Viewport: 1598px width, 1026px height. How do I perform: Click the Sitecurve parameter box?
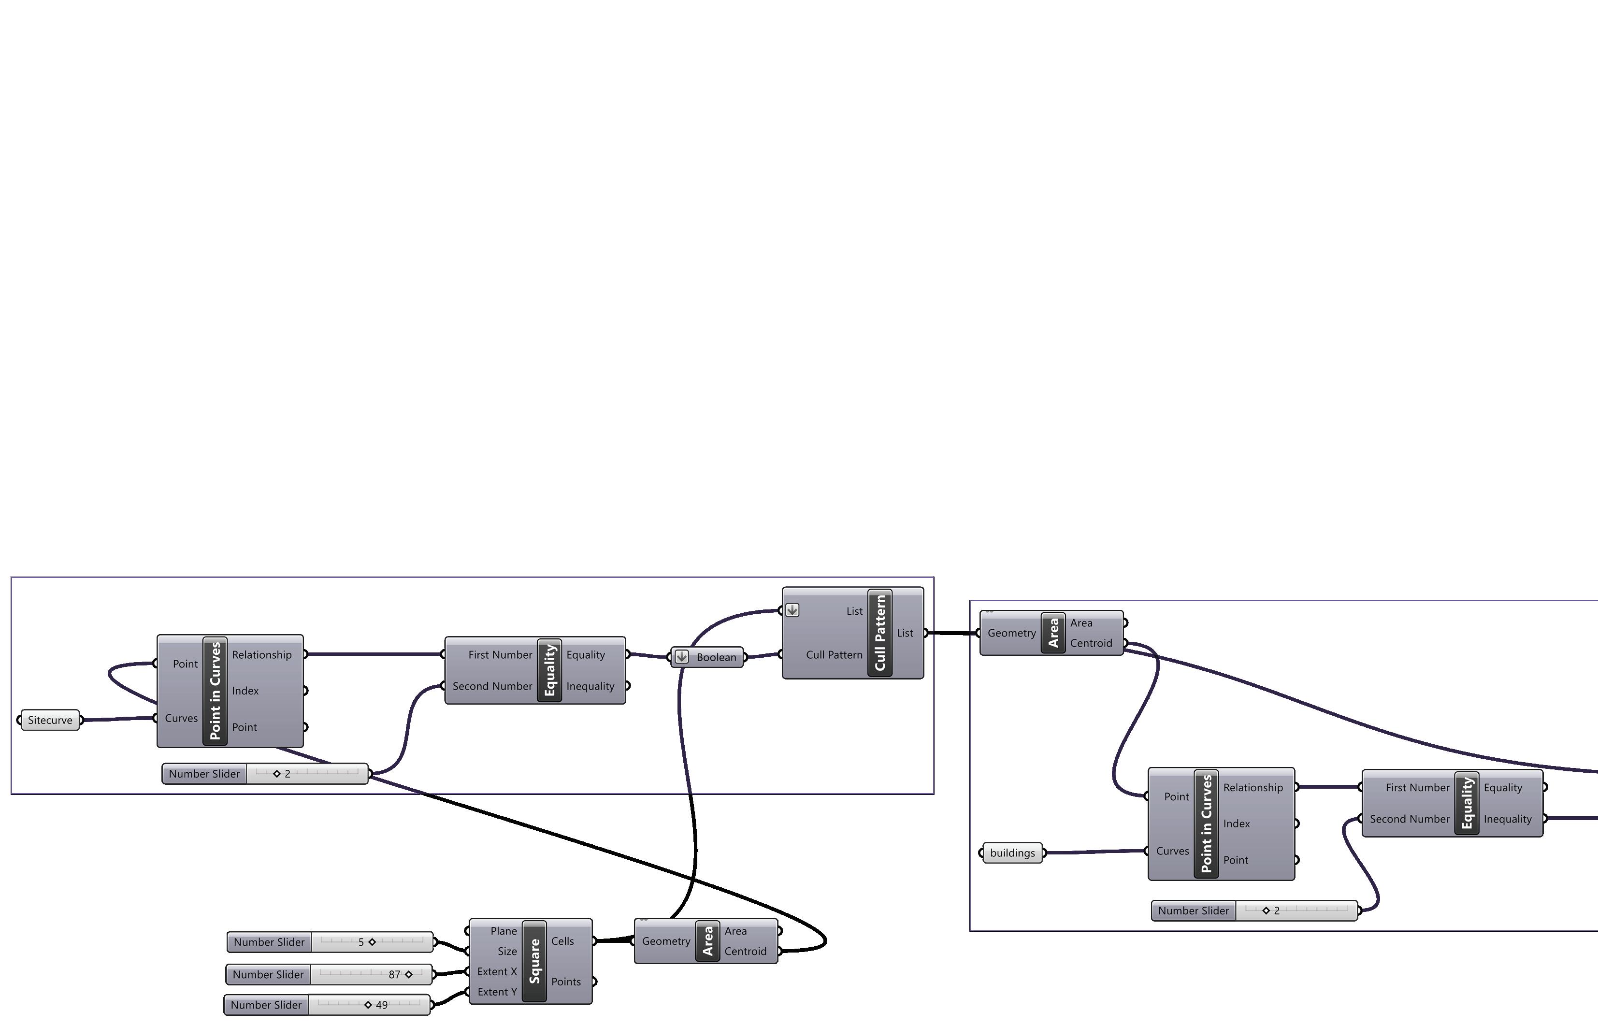50,720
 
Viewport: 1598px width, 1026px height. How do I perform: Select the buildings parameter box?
1012,853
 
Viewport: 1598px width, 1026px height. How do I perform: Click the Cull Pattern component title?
880,633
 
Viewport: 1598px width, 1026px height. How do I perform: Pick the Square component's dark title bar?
534,961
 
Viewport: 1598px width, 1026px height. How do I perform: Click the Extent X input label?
497,971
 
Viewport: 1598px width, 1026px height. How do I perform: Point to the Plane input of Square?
504,931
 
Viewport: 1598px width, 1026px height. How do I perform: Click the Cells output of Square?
562,941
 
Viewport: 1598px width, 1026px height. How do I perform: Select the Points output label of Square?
565,982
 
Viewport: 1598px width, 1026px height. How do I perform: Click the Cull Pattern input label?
833,655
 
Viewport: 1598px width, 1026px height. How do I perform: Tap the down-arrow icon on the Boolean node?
681,657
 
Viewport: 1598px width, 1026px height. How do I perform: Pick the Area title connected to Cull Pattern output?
1053,633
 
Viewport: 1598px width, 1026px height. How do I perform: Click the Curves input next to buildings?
1172,851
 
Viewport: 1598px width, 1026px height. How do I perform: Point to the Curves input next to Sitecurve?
181,718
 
